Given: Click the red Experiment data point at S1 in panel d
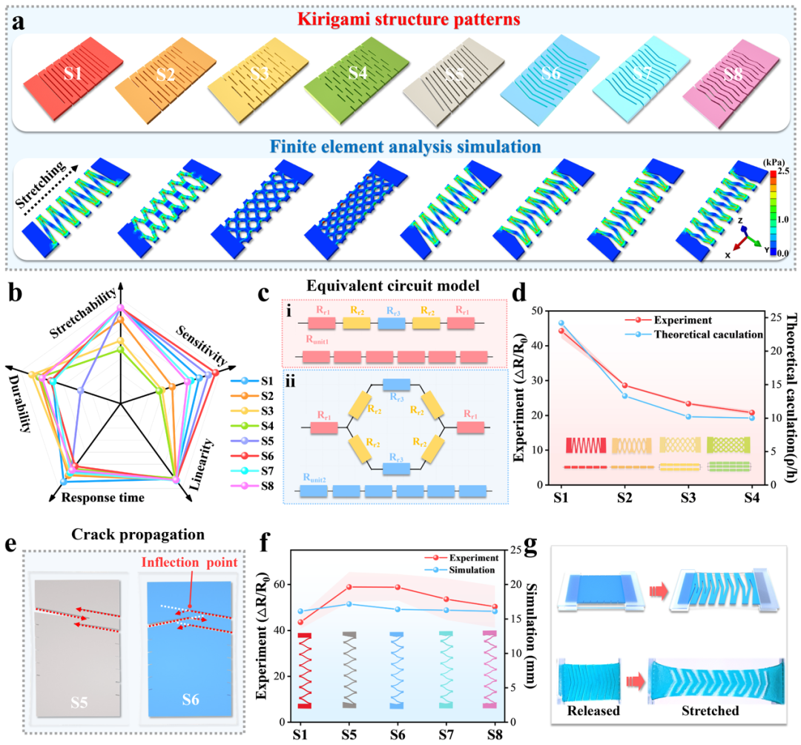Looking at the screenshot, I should coord(562,331).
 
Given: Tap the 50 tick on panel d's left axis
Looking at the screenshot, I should coord(547,311).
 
